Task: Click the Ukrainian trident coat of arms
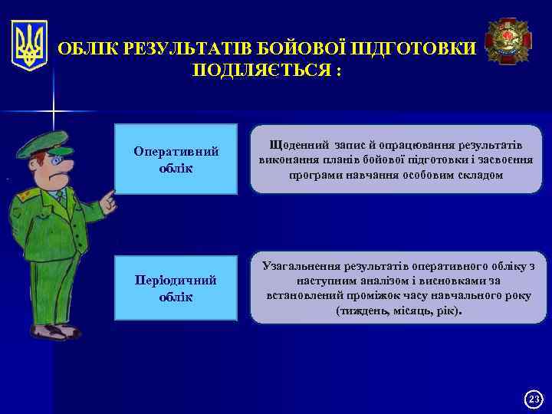tap(30, 46)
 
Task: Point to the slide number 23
tap(534, 399)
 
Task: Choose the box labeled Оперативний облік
tap(176, 159)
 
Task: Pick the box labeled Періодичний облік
tap(176, 288)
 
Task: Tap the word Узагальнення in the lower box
tap(302, 266)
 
